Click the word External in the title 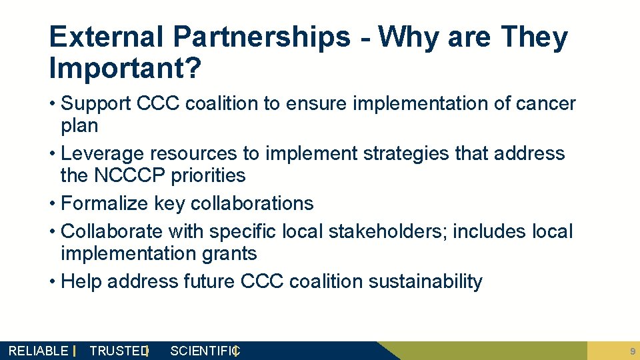coord(105,37)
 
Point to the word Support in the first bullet coord(95,104)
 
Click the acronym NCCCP coord(125,175)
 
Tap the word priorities coord(207,175)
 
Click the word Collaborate coord(111,231)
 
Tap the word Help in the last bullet coord(81,281)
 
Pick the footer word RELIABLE coord(38,351)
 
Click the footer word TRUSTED coord(118,351)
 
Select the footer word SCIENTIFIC coord(204,351)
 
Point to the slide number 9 coord(631,351)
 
